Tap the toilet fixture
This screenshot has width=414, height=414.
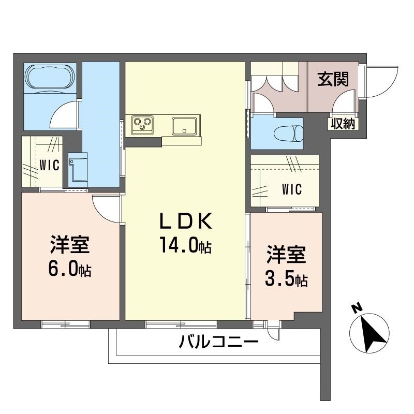pos(290,132)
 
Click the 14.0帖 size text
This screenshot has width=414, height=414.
pos(185,246)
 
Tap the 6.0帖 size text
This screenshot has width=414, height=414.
pos(70,269)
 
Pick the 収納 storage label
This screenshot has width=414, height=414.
pos(342,124)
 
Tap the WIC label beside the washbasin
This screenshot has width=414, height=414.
pos(49,165)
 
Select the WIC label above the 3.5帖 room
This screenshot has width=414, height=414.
pos(292,189)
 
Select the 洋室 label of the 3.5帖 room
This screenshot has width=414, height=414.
pos(286,256)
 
